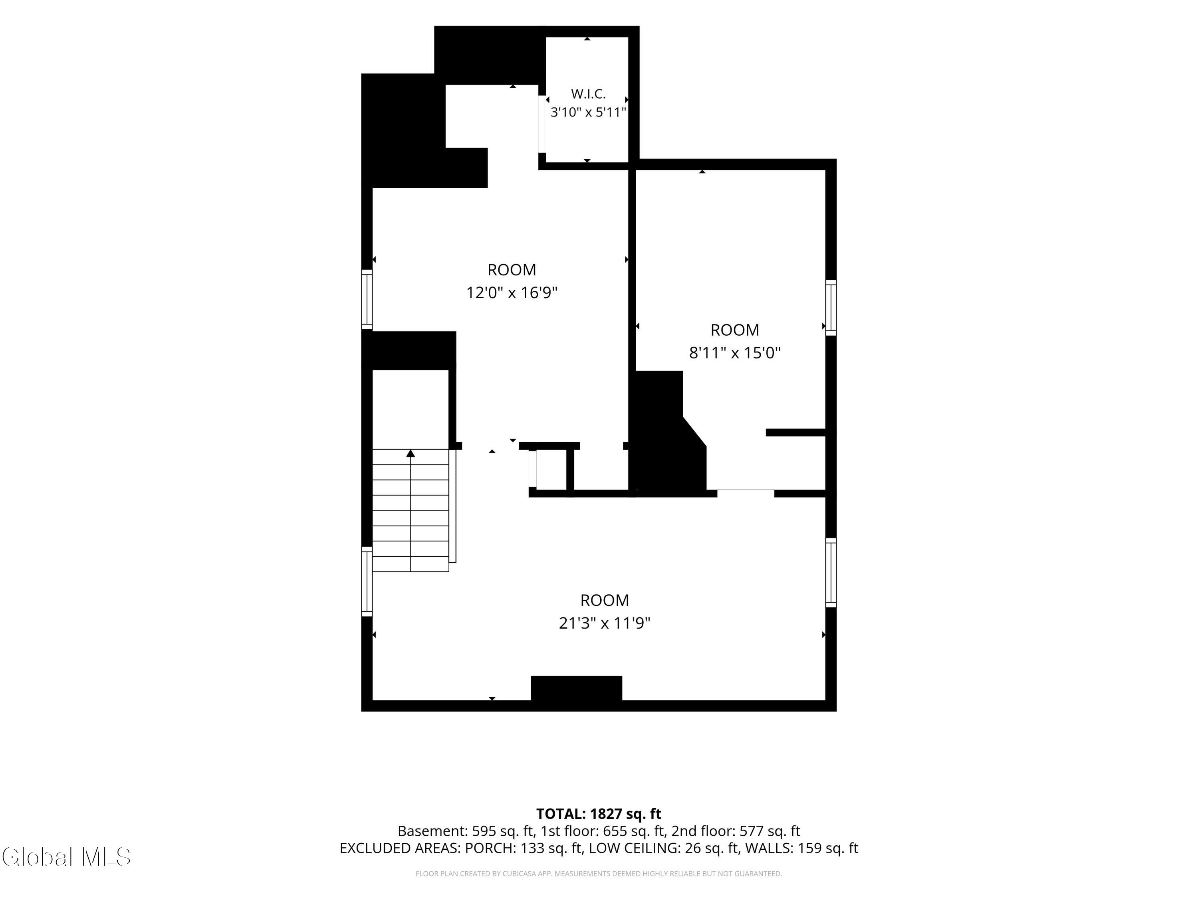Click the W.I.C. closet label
588,94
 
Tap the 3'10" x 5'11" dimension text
588,113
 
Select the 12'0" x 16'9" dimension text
512,293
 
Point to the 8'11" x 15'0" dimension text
734,353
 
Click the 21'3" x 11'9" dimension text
605,623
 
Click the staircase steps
411,510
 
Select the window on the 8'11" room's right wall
831,307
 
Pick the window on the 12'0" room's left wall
367,299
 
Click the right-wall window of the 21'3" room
831,573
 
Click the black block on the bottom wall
576,688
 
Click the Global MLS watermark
67,857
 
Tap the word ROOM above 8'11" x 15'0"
734,330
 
